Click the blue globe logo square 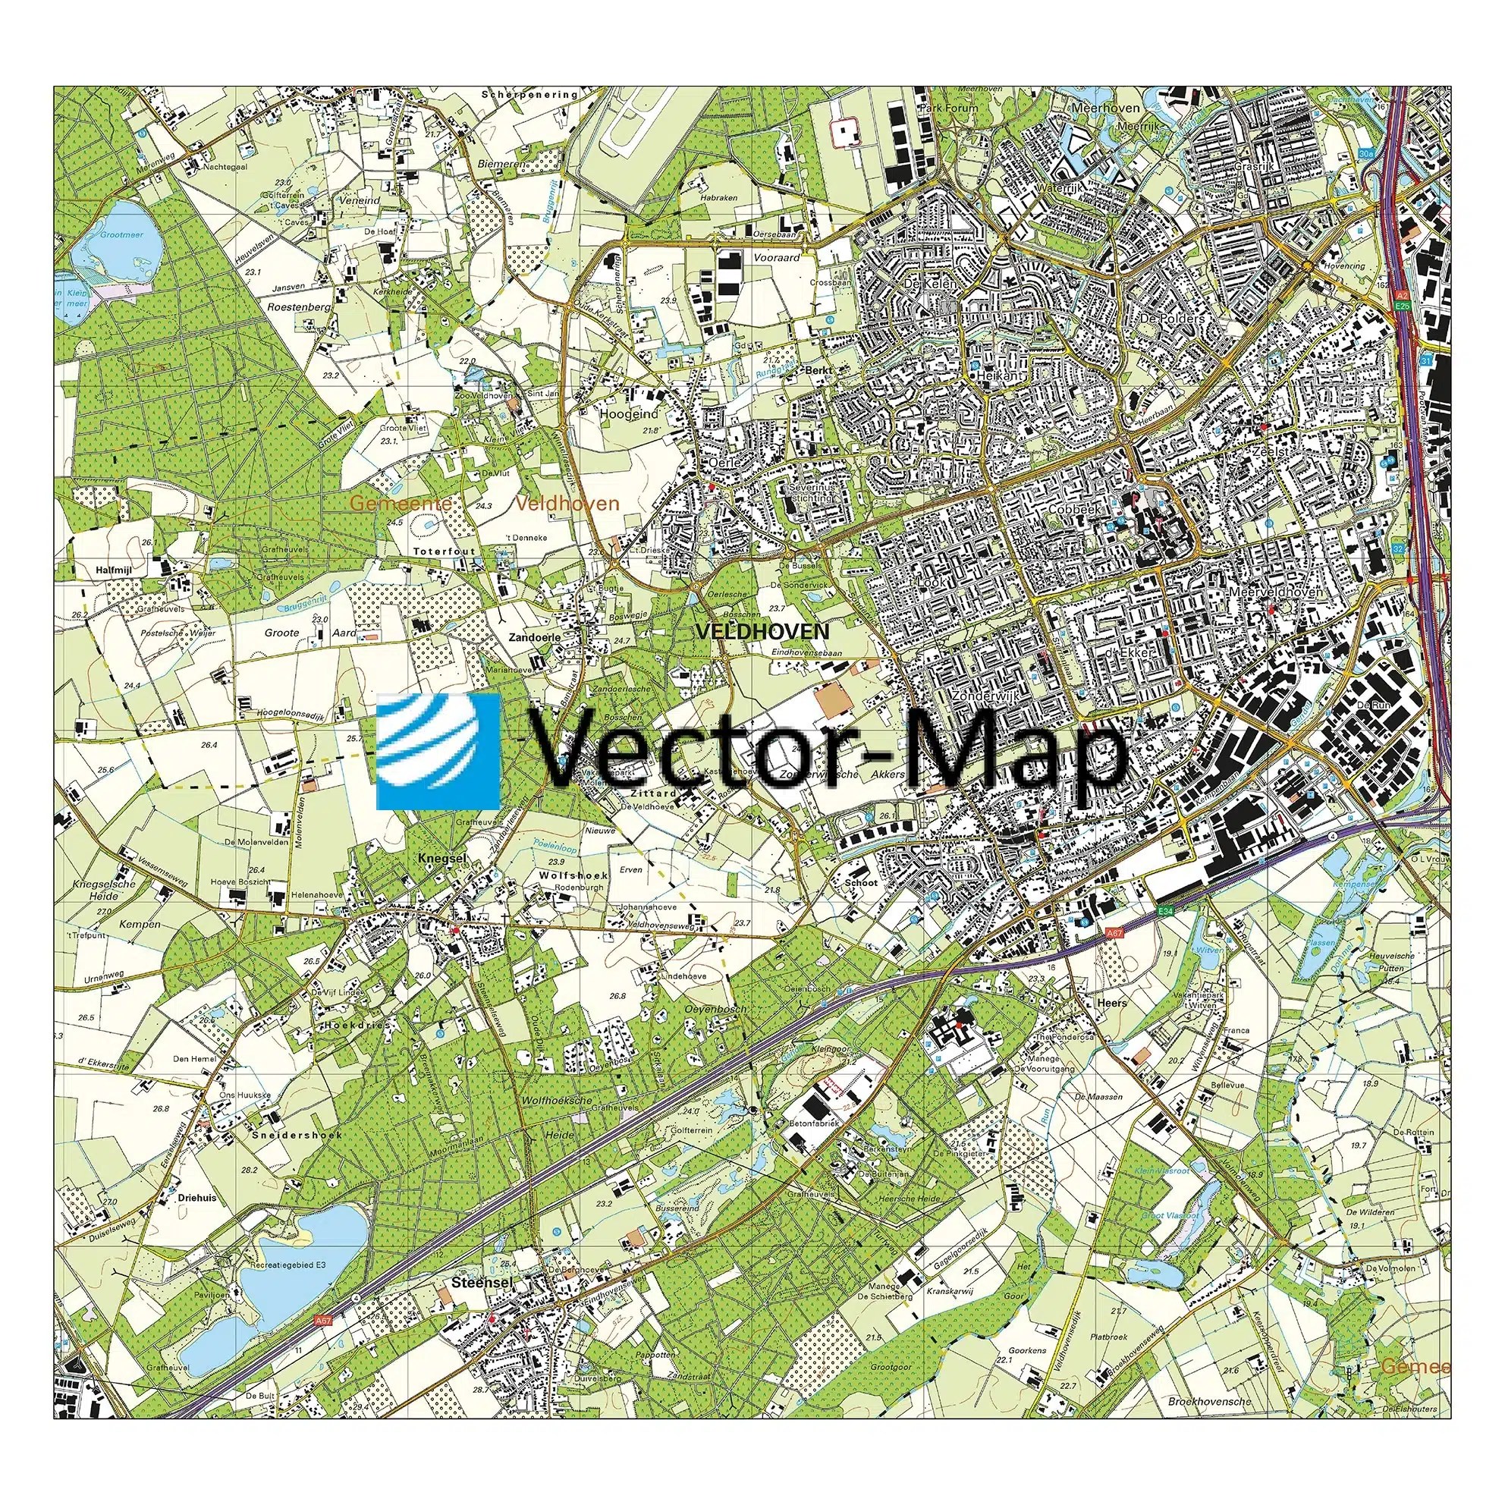click(x=438, y=752)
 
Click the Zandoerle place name click(x=534, y=636)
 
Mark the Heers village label click(x=1111, y=1004)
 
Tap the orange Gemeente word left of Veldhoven click(x=400, y=504)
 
